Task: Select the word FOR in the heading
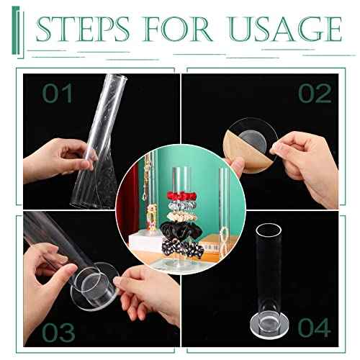click(x=180, y=30)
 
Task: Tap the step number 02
click(x=314, y=94)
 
